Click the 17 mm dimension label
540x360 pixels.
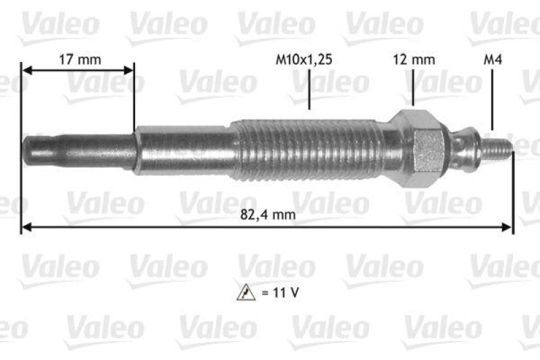pyautogui.click(x=80, y=59)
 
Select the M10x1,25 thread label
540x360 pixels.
pyautogui.click(x=304, y=59)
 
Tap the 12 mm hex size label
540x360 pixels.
pyautogui.click(x=414, y=59)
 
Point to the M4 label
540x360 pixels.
pyautogui.click(x=493, y=59)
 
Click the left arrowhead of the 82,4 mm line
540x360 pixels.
pyautogui.click(x=26, y=229)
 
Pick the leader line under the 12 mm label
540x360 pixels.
pyautogui.click(x=412, y=88)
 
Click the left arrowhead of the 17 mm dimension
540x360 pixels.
pyautogui.click(x=26, y=70)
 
